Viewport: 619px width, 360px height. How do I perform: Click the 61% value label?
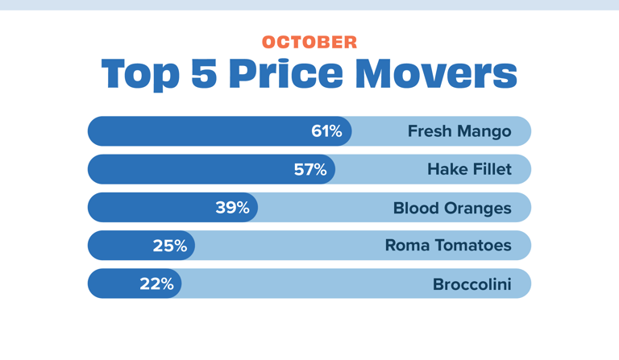[x=326, y=131]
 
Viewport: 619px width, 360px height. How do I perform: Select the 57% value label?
[x=310, y=169]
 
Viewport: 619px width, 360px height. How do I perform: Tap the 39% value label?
[x=232, y=207]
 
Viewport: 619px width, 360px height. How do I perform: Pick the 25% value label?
[x=170, y=246]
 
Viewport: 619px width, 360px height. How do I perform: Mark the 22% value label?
[x=156, y=283]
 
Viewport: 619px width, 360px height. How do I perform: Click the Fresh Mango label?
[x=459, y=131]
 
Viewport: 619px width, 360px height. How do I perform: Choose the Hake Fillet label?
[x=469, y=169]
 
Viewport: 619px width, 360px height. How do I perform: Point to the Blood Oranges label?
[x=452, y=208]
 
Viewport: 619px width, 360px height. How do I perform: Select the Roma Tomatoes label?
[x=448, y=246]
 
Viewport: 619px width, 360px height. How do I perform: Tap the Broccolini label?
[x=472, y=283]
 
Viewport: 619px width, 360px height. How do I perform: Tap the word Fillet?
[x=491, y=169]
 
